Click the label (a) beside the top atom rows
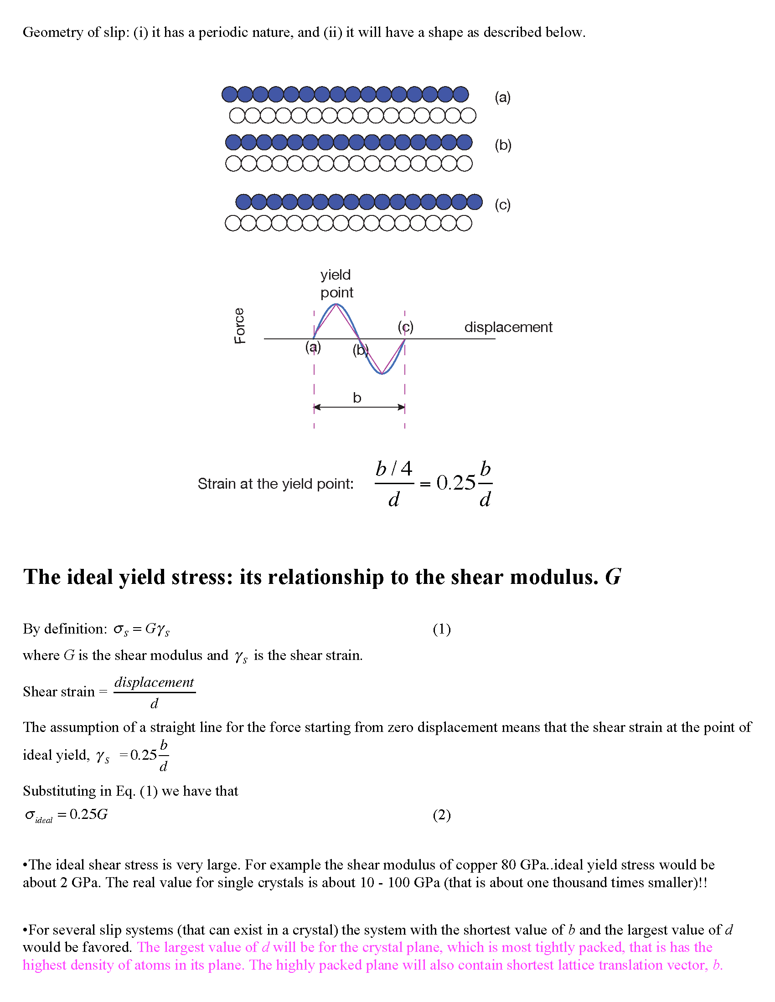point(502,97)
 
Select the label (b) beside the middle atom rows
point(503,145)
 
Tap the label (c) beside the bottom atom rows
point(502,204)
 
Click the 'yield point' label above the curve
point(336,284)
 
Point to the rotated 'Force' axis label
point(239,325)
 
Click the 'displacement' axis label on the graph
point(508,327)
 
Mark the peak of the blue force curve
point(336,304)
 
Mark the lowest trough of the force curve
point(382,374)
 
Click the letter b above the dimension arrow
point(357,398)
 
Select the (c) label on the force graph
point(405,327)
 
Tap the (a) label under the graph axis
point(313,348)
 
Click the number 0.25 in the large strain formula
point(455,483)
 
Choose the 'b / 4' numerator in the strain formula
point(393,469)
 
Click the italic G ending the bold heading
point(613,577)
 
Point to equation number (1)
point(441,629)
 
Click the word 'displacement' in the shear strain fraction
point(154,682)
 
